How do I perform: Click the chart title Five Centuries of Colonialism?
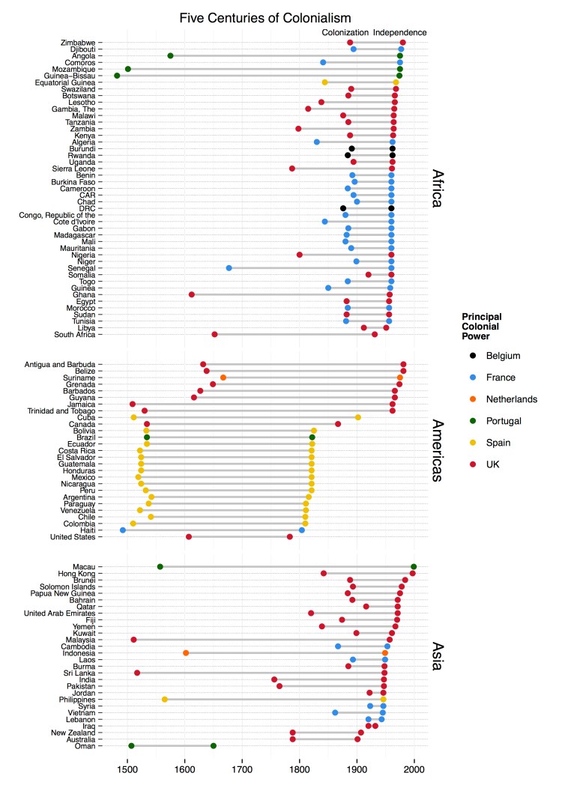(x=281, y=16)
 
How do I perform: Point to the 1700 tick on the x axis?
(x=242, y=768)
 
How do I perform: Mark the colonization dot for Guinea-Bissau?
(x=117, y=76)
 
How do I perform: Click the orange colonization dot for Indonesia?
(x=186, y=652)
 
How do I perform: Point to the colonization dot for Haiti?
(x=123, y=530)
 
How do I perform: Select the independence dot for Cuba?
(x=357, y=417)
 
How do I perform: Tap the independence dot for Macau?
(x=414, y=566)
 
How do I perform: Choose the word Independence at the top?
(x=400, y=33)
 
